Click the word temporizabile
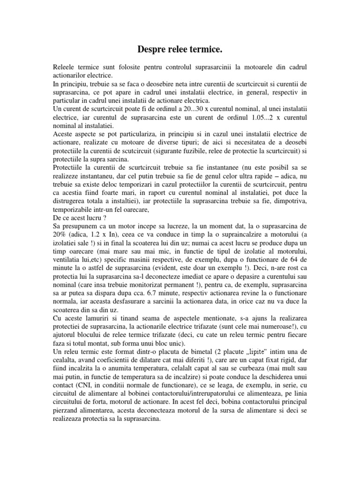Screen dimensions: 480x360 coord(78,206)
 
